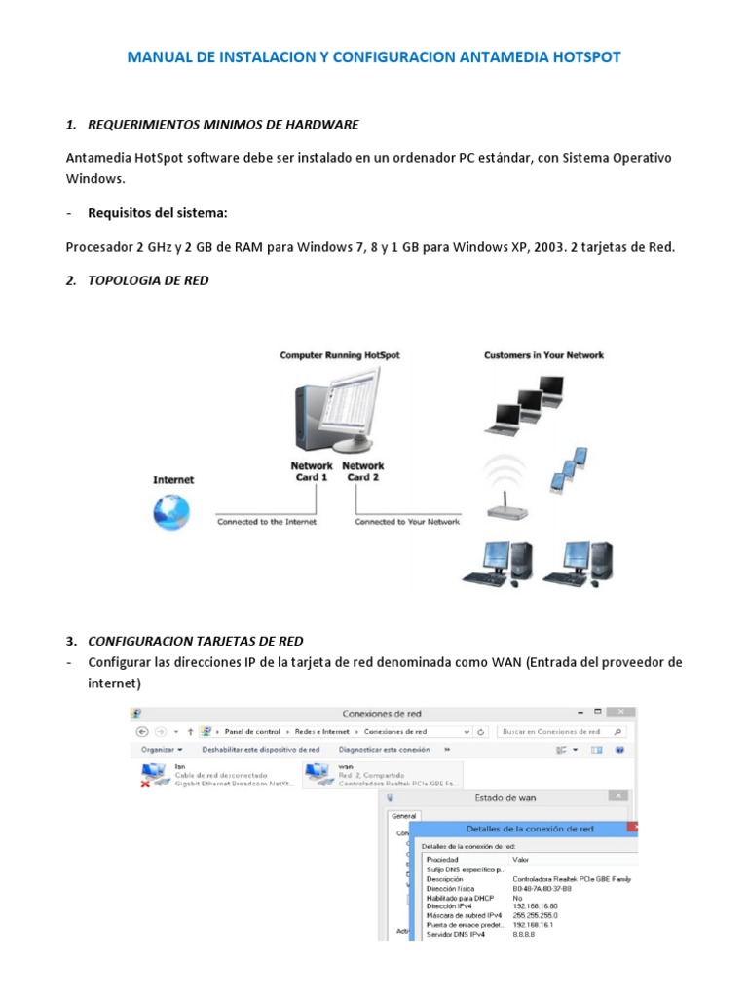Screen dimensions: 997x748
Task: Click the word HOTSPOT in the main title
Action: point(582,57)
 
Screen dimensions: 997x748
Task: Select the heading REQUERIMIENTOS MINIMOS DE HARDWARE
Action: point(223,125)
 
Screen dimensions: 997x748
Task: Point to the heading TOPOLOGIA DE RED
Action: point(148,280)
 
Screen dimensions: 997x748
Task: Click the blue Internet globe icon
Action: point(171,512)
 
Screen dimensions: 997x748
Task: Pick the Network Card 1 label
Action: point(312,471)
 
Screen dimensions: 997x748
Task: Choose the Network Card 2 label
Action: point(363,471)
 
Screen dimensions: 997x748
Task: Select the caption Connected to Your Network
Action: point(407,522)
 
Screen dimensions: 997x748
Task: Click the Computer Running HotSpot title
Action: point(340,355)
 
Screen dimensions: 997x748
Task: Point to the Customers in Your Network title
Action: point(543,355)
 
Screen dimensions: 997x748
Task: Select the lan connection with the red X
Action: point(209,774)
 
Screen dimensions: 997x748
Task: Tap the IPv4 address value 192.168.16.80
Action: point(534,905)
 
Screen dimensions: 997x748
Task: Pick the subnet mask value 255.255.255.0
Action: point(535,915)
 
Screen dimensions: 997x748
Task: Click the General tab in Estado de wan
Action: point(404,816)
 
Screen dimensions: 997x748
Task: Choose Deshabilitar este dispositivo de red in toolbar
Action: point(260,750)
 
